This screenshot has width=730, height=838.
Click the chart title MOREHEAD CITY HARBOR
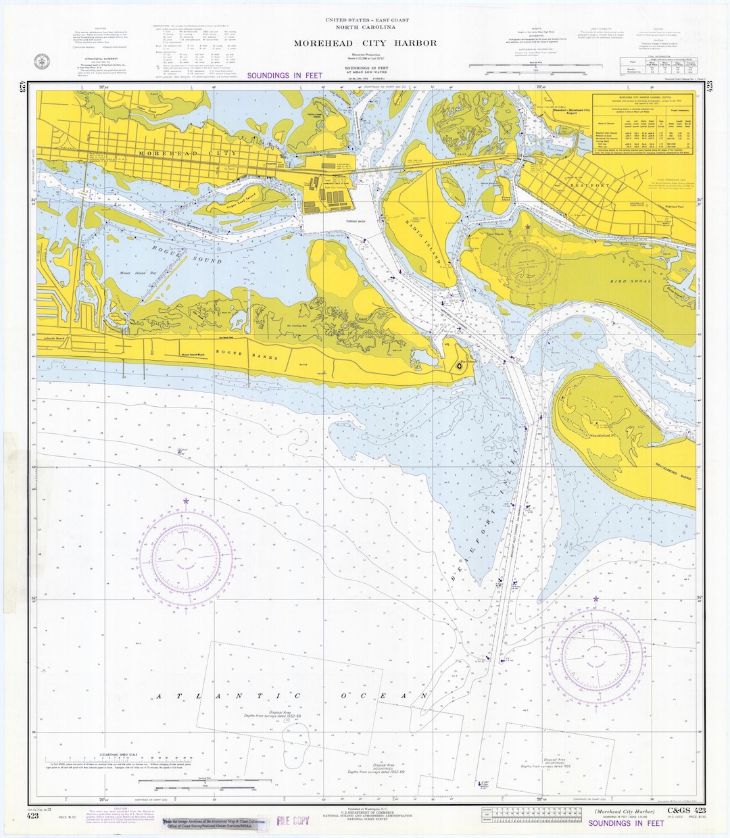click(x=365, y=43)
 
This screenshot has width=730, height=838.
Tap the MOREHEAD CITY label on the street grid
click(x=179, y=154)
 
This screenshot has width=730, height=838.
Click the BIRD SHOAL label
click(x=631, y=281)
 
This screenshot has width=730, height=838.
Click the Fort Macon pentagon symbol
click(x=456, y=365)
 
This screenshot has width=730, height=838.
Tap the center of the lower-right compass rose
click(x=595, y=654)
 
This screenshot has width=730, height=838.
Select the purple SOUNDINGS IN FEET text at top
click(x=285, y=76)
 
